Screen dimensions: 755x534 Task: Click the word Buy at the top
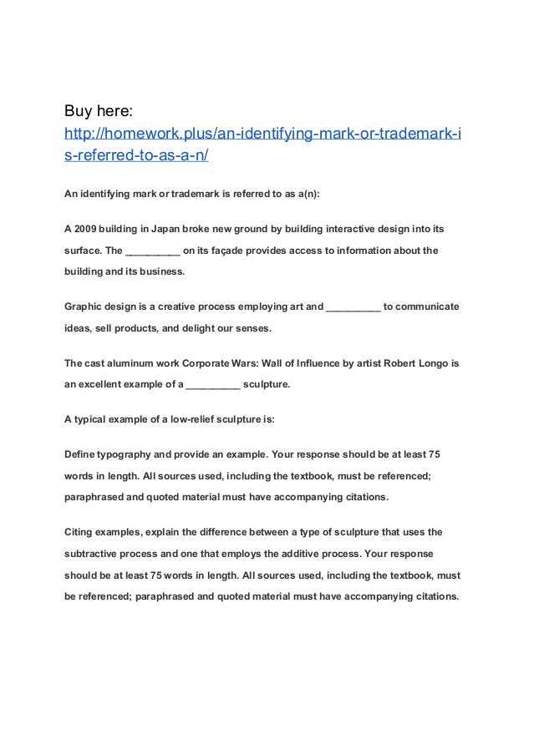coord(80,110)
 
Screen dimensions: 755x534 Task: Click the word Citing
coord(80,531)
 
